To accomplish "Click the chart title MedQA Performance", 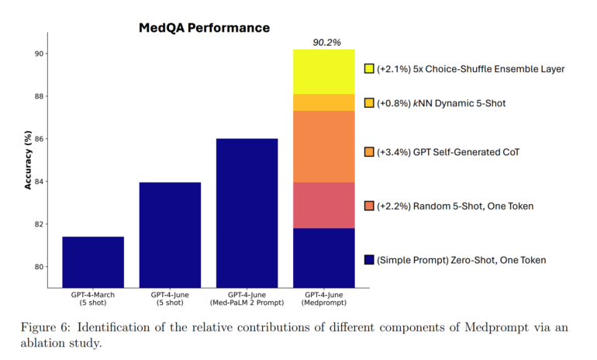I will tap(204, 28).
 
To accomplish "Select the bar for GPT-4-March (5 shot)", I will tap(93, 261).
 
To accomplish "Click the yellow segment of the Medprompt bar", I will tap(323, 71).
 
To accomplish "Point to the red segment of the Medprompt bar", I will tap(323, 205).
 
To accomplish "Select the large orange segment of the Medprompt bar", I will tap(323, 147).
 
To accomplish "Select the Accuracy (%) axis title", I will tap(28, 159).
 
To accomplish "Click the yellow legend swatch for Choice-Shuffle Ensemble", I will tap(369, 69).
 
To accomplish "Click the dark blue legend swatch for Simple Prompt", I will tap(369, 260).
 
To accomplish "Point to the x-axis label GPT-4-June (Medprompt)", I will tap(323, 299).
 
